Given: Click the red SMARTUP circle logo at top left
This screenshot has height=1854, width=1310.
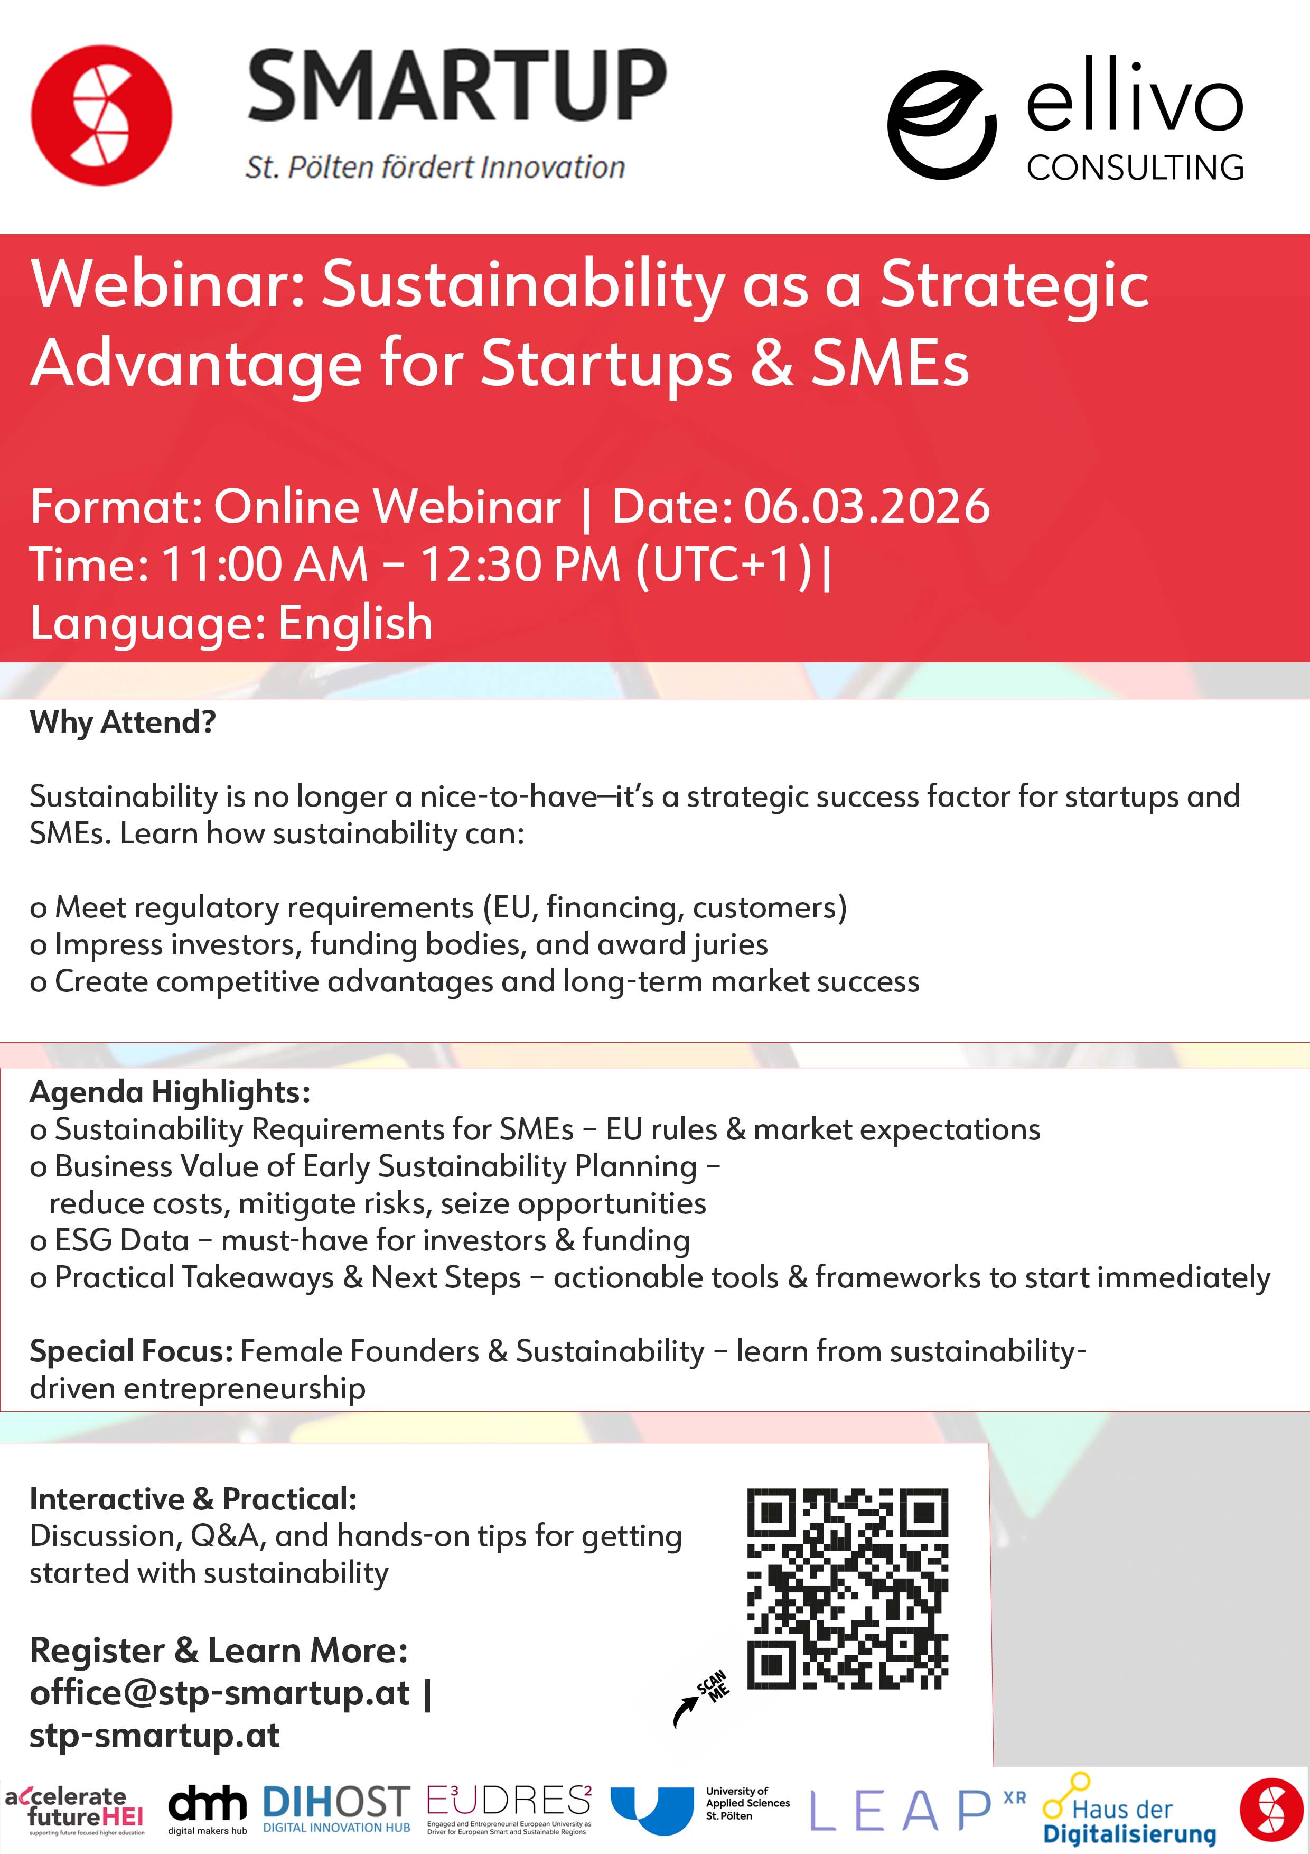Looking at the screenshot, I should tap(102, 115).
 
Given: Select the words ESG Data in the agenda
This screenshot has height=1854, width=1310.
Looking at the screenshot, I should tap(121, 1240).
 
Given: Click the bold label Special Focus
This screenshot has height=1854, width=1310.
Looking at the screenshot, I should tap(132, 1351).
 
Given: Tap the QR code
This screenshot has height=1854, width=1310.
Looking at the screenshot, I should tap(847, 1588).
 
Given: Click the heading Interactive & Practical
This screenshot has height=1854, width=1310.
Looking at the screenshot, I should tap(193, 1499).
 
